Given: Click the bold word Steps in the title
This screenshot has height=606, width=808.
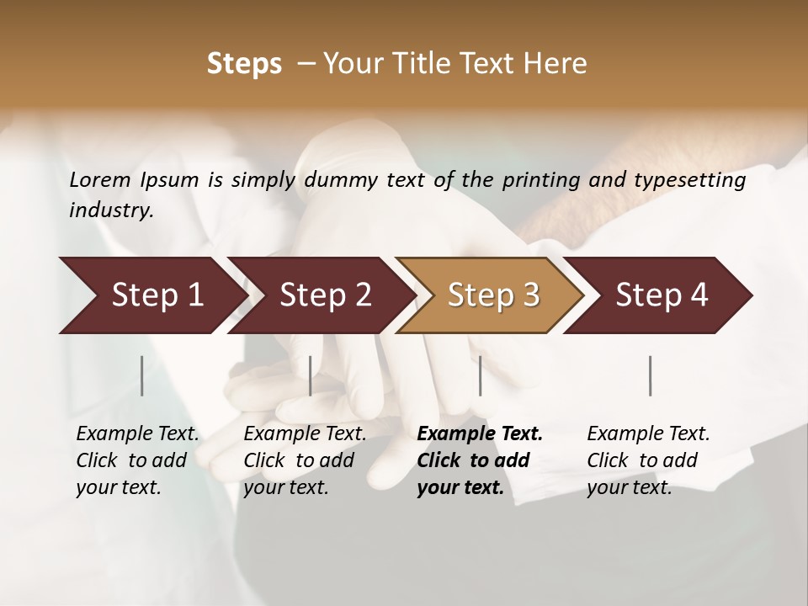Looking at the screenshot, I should [x=244, y=64].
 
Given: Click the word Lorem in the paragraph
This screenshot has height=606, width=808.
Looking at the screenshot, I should [x=100, y=179].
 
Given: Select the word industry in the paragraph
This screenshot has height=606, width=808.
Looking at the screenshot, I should [x=109, y=210].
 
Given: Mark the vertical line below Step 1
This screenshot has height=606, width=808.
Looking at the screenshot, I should [x=142, y=375].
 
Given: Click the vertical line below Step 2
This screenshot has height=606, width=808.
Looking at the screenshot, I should [x=311, y=375].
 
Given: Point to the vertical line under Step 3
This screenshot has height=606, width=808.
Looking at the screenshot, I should [x=480, y=375].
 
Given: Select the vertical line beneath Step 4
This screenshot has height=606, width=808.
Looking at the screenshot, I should [x=650, y=375].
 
